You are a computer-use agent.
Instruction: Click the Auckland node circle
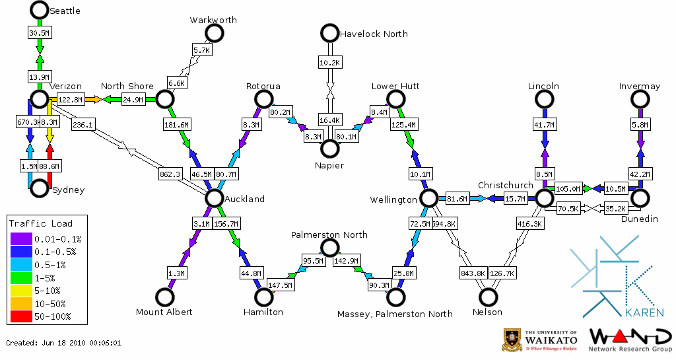(x=214, y=198)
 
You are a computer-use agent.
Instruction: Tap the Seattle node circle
(x=39, y=10)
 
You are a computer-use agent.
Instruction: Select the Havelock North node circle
(x=329, y=32)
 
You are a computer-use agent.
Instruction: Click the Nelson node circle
(x=488, y=298)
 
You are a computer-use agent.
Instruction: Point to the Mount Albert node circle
(x=164, y=298)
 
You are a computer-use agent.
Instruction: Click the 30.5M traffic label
(x=39, y=33)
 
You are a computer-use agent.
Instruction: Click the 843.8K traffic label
(x=472, y=272)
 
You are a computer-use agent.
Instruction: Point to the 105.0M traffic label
(x=567, y=189)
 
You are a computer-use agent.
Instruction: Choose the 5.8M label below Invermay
(x=639, y=124)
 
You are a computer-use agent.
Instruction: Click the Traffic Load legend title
(x=41, y=223)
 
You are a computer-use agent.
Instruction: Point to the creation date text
(x=63, y=343)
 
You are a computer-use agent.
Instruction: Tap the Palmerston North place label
(x=329, y=234)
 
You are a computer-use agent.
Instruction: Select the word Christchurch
(x=505, y=185)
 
